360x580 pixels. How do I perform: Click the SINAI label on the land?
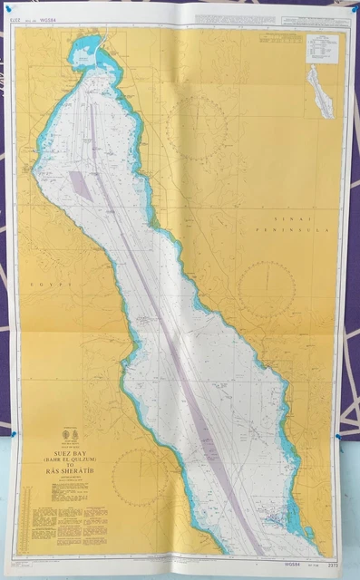tap(292, 220)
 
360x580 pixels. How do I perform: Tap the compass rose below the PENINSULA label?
tap(267, 289)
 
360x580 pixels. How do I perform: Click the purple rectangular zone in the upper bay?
tap(82, 184)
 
